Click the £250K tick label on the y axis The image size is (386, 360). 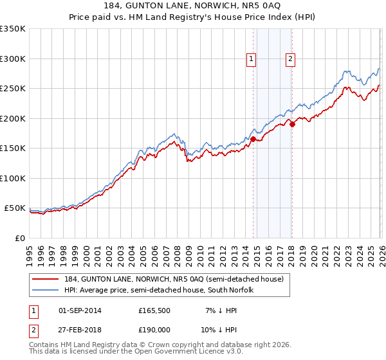click(13, 89)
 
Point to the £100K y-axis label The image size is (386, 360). click(13, 178)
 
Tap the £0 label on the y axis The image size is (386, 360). click(19, 238)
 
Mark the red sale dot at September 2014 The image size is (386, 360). click(253, 139)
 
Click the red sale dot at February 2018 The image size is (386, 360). click(292, 125)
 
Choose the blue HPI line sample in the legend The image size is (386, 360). click(46, 290)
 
